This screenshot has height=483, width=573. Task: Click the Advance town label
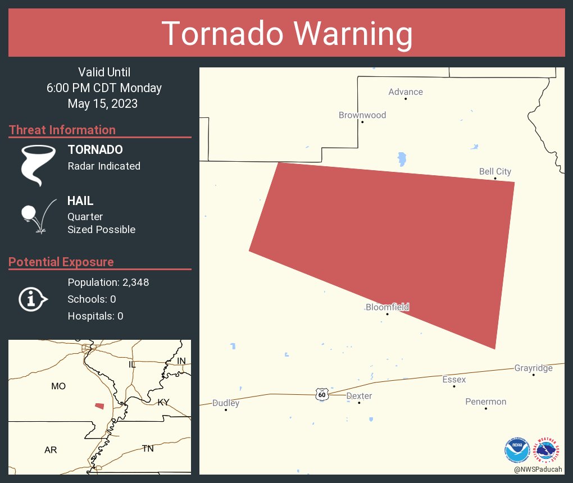click(406, 92)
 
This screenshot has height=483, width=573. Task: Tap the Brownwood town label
click(362, 115)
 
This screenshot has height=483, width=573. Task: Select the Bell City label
click(495, 171)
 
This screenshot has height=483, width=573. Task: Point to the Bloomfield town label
click(387, 307)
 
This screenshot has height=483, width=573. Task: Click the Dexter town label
click(359, 396)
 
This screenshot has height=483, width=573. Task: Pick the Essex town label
click(454, 380)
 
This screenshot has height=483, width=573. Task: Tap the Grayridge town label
click(533, 368)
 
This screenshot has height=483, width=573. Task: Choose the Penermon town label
click(485, 402)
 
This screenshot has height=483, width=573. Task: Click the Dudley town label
click(226, 403)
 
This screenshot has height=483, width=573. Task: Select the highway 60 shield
click(321, 394)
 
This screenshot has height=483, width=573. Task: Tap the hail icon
click(37, 215)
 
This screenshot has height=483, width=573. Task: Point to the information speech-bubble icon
click(33, 299)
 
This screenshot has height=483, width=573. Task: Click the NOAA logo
click(517, 450)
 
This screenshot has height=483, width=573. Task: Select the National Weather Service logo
click(548, 450)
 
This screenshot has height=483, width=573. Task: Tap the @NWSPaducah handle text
click(538, 469)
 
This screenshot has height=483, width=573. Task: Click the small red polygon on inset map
click(99, 405)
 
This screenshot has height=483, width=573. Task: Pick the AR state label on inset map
click(51, 450)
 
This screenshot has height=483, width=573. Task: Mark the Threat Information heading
click(62, 130)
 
